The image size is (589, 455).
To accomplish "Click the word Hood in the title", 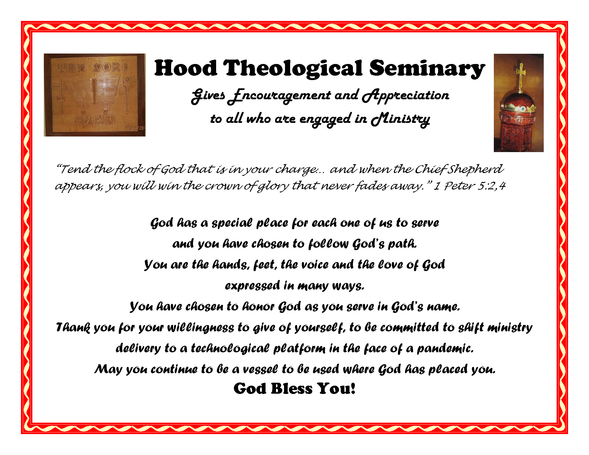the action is click(x=186, y=68).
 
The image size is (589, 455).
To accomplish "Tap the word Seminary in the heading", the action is click(x=427, y=69).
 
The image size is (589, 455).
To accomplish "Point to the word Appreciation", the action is click(x=405, y=96).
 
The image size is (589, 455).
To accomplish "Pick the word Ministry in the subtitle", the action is click(x=400, y=119).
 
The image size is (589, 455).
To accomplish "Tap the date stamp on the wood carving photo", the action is click(x=135, y=128).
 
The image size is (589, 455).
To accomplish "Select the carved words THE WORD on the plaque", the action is click(x=93, y=68).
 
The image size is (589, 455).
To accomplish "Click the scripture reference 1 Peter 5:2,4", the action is click(x=469, y=186).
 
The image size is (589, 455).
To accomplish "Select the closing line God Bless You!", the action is click(x=294, y=389).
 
